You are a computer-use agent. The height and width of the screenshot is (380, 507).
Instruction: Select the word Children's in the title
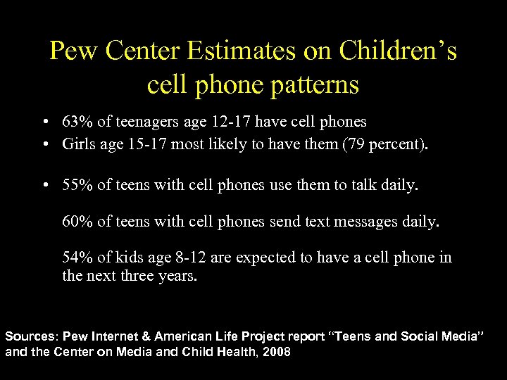click(x=397, y=51)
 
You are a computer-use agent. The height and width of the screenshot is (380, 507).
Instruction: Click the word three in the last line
click(x=132, y=276)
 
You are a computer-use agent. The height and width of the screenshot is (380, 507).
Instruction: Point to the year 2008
click(x=275, y=351)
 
